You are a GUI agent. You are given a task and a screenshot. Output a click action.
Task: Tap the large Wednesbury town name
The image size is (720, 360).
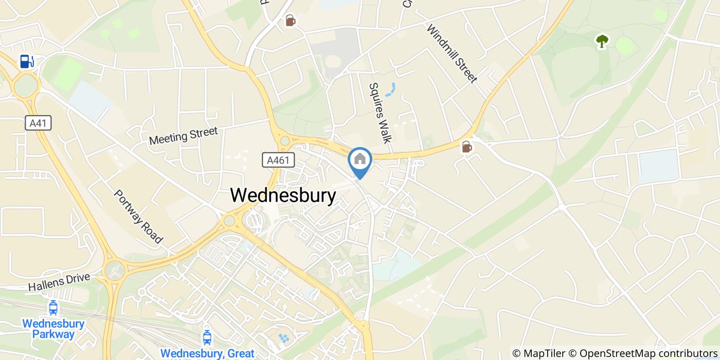pos(283,195)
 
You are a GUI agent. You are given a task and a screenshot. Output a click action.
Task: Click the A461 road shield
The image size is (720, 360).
pos(278,160)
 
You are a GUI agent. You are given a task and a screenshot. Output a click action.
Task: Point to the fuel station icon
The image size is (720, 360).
pos(27,61)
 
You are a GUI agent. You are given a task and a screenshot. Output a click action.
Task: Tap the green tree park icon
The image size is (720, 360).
pos(602,41)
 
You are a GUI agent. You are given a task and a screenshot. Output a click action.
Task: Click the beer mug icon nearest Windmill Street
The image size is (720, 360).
pos(466,147)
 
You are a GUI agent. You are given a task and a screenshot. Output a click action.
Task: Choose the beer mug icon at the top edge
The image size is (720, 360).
pos(291,21)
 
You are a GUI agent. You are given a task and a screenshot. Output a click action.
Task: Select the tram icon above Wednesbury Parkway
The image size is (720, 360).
pos(52,308)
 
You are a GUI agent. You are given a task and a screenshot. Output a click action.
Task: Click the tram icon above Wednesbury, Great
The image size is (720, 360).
pos(207,337)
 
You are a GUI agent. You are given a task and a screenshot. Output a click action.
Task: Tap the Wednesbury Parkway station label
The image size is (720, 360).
pos(53,329)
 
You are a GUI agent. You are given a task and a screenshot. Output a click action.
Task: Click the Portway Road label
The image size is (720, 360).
pos(138,217)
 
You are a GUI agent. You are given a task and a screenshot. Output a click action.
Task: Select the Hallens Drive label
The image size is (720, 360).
pos(59,282)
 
